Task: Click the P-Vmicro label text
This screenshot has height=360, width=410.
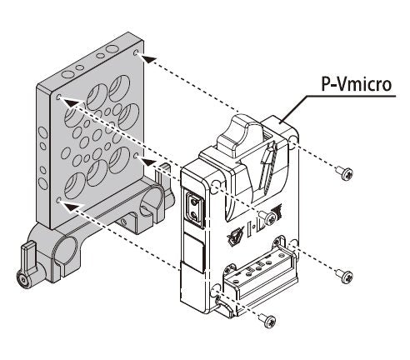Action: click(357, 83)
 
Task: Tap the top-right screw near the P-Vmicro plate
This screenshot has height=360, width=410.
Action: click(344, 172)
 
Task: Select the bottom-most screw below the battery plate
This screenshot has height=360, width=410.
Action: click(267, 321)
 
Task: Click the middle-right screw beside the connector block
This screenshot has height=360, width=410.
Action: click(344, 276)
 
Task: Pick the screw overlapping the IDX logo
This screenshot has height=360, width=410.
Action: click(267, 217)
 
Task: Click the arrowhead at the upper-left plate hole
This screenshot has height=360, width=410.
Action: click(71, 102)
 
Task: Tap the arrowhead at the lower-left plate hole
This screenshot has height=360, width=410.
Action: click(72, 206)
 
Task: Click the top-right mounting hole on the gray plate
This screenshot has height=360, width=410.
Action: click(136, 52)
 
